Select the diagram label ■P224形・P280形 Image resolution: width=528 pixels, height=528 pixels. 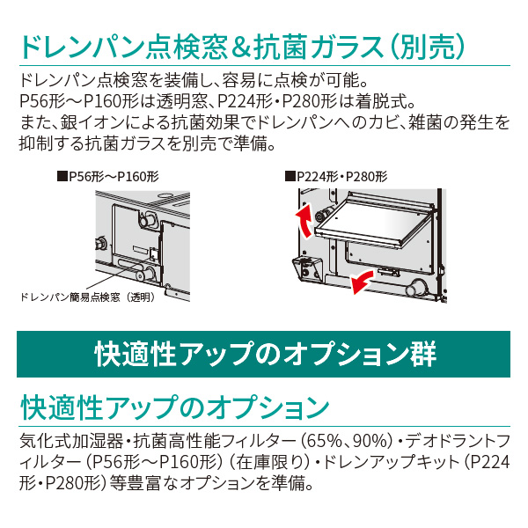[x=338, y=176]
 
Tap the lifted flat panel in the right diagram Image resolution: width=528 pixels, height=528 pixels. [x=370, y=216]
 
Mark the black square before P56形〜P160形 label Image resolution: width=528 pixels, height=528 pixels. [x=62, y=176]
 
